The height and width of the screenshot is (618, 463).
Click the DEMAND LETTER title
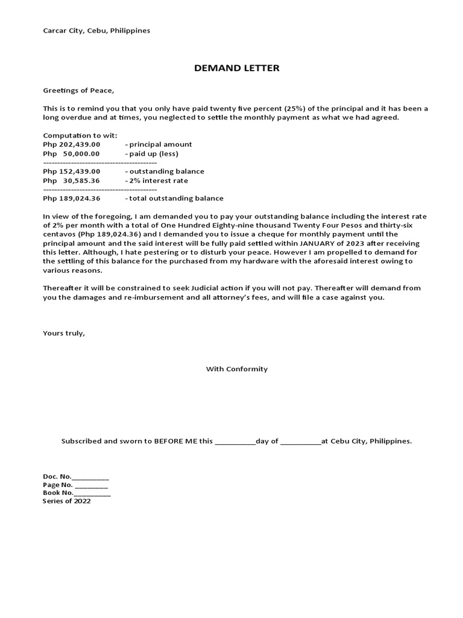click(236, 68)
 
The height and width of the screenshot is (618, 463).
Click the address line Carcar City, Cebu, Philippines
click(96, 30)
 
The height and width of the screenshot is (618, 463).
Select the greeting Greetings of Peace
click(78, 91)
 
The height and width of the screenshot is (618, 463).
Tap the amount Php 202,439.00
click(72, 145)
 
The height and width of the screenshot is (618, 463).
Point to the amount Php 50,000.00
click(72, 154)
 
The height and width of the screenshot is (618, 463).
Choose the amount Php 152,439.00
click(72, 171)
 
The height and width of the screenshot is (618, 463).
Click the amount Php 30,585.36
click(72, 180)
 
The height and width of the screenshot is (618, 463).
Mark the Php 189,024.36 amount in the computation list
click(72, 198)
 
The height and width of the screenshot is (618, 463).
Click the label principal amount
click(160, 145)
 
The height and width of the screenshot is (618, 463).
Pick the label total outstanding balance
click(175, 198)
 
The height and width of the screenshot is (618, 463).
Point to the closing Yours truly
click(64, 333)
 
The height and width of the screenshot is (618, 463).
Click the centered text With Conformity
click(237, 369)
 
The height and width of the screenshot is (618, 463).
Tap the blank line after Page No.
click(92, 485)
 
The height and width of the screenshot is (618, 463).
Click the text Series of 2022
click(67, 501)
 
